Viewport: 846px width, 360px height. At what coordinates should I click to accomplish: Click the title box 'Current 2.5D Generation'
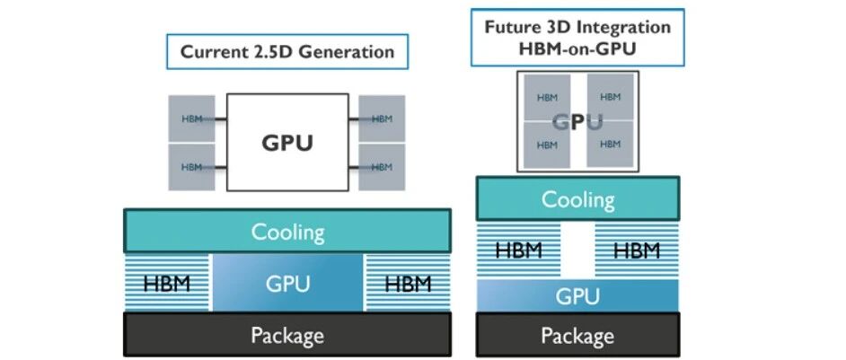(x=287, y=52)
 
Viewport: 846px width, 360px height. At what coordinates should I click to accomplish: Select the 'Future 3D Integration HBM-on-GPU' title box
(x=577, y=37)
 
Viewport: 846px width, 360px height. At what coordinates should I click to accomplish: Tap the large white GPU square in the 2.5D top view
(x=287, y=143)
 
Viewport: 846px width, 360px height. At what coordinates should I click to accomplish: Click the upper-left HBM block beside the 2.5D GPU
(x=191, y=119)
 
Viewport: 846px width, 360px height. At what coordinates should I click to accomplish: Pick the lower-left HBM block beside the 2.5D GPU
(x=191, y=167)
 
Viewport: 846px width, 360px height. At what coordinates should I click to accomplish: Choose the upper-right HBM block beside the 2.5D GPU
(x=382, y=119)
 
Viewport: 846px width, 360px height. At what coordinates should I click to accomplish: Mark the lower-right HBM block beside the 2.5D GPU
(x=382, y=167)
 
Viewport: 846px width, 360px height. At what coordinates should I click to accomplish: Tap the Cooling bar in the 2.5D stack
(x=287, y=231)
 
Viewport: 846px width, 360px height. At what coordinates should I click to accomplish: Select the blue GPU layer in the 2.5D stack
(x=288, y=283)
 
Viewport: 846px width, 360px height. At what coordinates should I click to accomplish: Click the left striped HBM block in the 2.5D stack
(x=167, y=283)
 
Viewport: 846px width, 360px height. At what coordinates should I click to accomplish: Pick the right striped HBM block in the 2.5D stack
(x=409, y=283)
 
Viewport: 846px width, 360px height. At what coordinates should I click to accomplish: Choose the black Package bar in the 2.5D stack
(x=287, y=335)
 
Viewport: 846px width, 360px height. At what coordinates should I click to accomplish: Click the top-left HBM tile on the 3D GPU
(x=547, y=98)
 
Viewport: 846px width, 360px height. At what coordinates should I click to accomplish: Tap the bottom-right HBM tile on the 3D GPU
(x=610, y=145)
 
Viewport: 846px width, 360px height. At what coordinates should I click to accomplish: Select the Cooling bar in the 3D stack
(x=577, y=198)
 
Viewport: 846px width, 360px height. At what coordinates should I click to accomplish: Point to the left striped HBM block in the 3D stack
(x=518, y=250)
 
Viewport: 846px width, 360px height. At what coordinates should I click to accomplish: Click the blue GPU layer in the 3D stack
(x=577, y=295)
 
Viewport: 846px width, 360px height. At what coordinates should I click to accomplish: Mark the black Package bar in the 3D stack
(x=577, y=335)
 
